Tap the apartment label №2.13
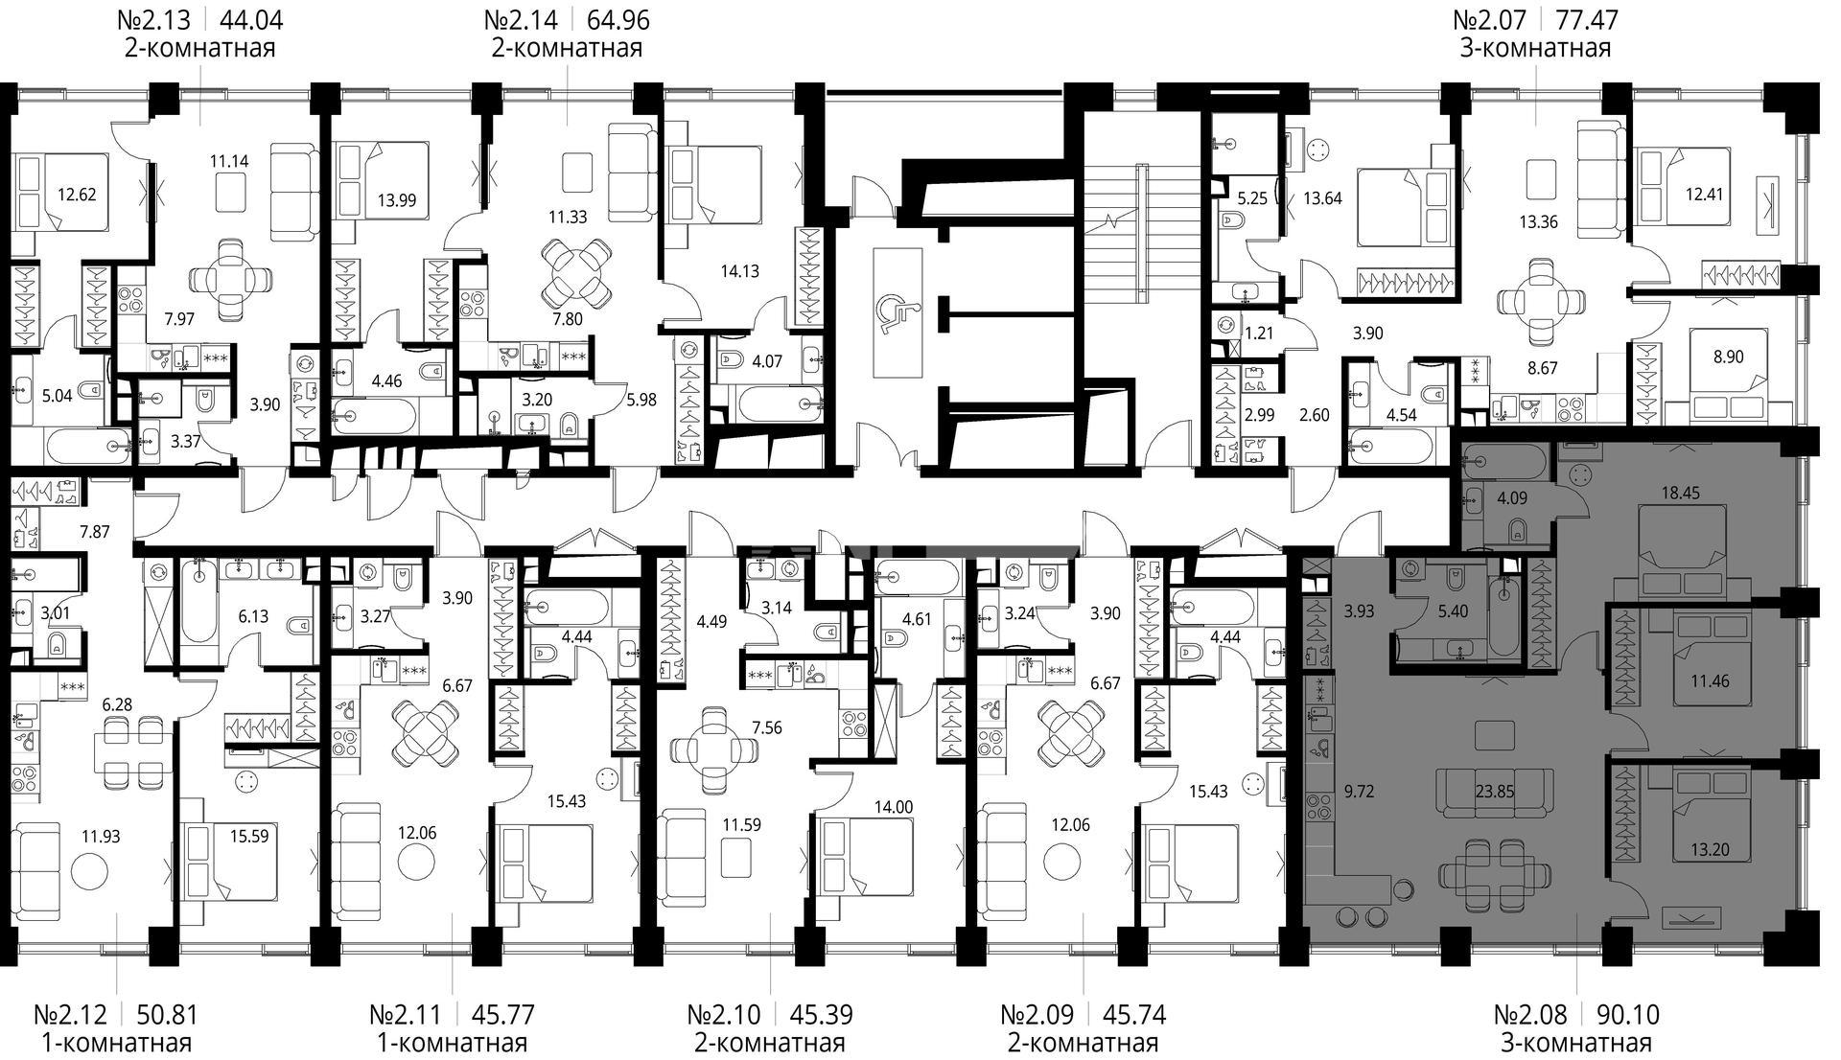(x=153, y=19)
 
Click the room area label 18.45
(x=1680, y=494)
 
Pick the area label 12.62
(x=76, y=195)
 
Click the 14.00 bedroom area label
(x=893, y=807)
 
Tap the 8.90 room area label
(x=1728, y=357)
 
